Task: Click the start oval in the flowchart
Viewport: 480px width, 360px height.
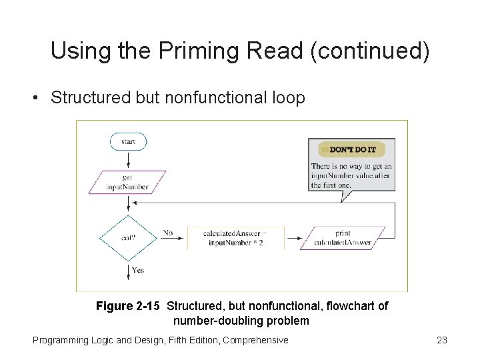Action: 128,141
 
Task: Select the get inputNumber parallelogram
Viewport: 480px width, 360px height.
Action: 127,183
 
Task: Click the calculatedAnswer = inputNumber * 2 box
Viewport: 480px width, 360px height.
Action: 235,238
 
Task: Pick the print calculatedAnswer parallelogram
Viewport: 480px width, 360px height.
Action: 343,238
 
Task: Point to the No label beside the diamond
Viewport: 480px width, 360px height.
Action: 167,233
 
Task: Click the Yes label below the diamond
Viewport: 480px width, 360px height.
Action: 138,270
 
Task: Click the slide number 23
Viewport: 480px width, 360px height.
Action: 441,340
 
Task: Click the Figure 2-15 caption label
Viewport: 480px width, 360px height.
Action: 127,306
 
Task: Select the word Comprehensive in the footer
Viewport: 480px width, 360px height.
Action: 255,340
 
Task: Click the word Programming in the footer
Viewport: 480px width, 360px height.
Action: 61,340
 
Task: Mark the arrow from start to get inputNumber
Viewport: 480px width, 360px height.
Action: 128,160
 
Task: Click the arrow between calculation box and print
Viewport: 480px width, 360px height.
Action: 295,238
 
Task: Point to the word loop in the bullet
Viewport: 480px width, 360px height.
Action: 289,97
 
